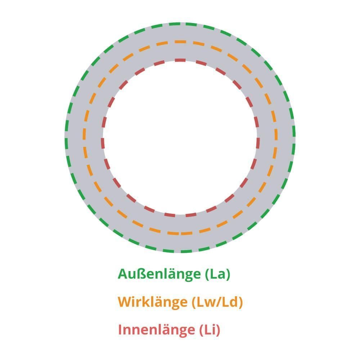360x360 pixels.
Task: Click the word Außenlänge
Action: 159,274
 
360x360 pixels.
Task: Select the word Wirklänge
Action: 153,302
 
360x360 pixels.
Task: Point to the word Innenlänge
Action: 157,330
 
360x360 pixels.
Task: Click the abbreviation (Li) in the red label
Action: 210,330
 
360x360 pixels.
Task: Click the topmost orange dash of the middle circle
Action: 180,42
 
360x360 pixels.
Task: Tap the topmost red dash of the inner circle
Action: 180,60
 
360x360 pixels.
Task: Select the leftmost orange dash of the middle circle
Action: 84,134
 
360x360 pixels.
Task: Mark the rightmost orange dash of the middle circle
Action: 276,135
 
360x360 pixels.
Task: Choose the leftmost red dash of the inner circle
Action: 103,143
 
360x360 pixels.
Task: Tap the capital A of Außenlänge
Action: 123,274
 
